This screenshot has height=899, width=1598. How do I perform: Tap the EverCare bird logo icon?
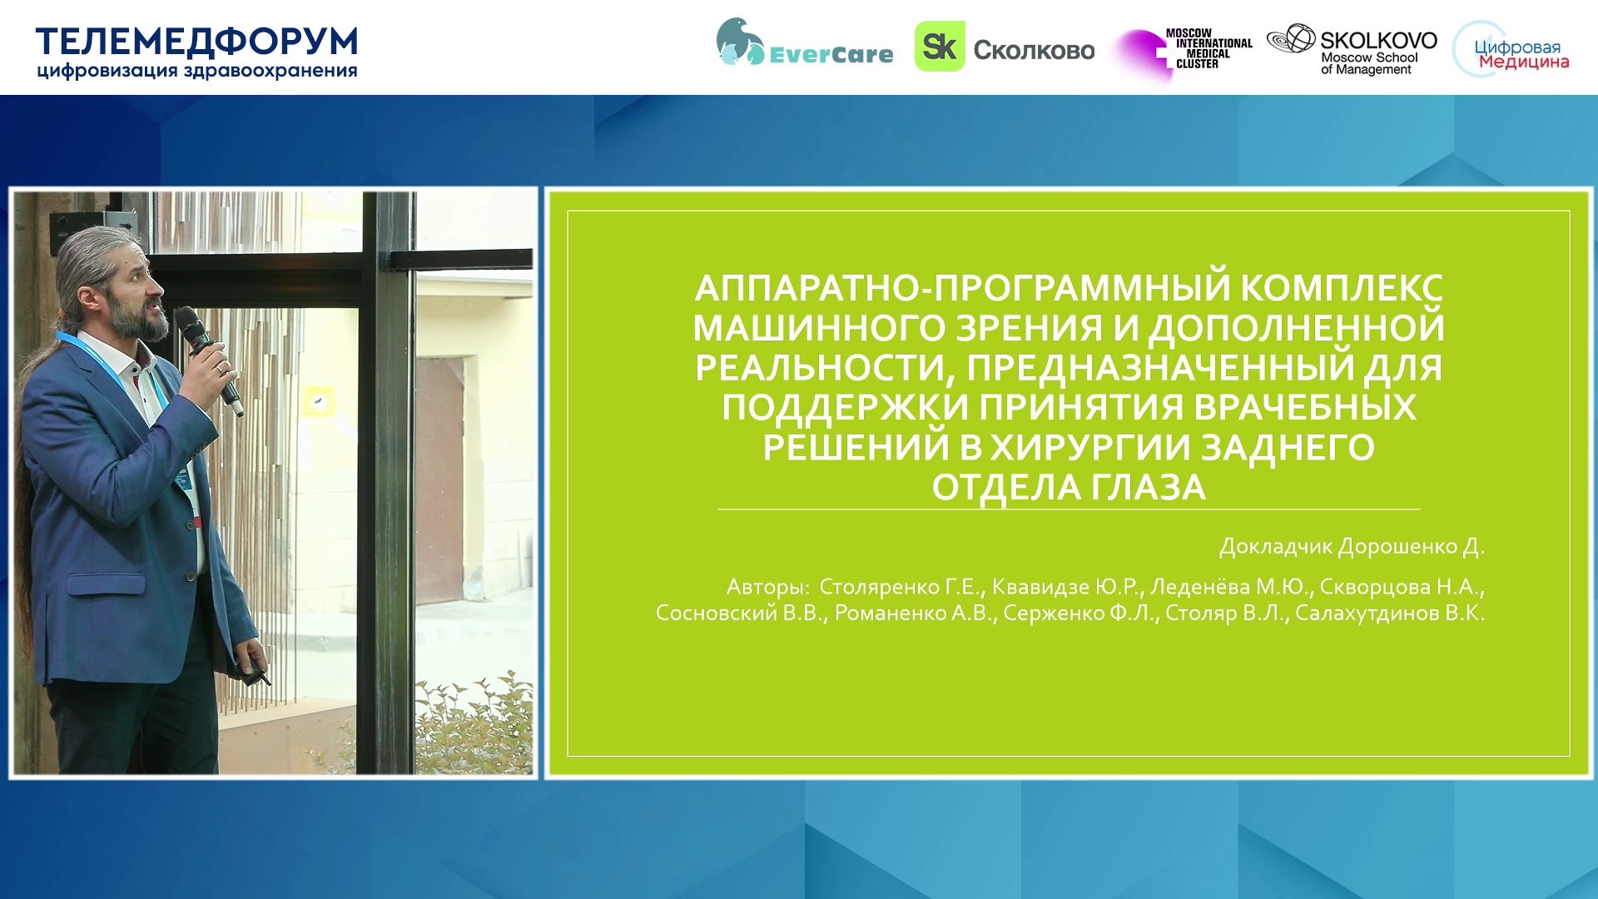point(739,42)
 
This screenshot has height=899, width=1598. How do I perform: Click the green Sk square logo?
point(940,47)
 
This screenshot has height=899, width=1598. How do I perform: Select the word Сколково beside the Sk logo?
point(1034,50)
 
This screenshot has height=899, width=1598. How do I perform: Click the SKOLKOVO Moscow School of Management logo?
point(1352,51)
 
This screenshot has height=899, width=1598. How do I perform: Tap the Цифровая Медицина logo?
point(1511,51)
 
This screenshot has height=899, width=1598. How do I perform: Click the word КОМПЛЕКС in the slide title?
point(1342,288)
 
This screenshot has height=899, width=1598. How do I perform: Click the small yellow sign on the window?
point(319,401)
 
